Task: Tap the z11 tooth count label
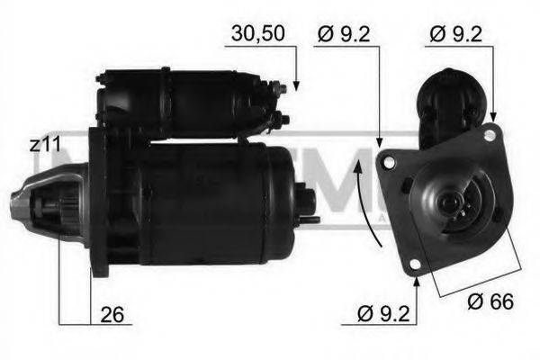[x=44, y=144]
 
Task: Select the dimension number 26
[x=113, y=317]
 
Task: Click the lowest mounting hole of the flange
[x=415, y=264]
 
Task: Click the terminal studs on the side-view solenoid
[x=282, y=103]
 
